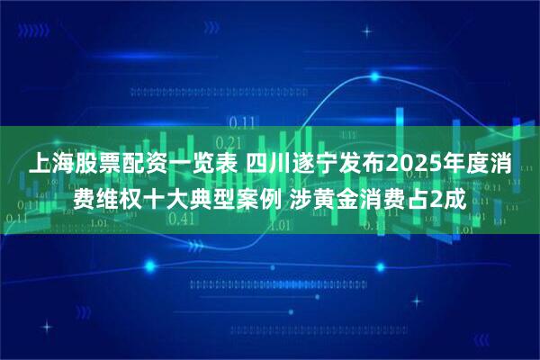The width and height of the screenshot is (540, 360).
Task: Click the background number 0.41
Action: (x=183, y=219)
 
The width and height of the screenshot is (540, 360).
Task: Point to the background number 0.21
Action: (x=230, y=142)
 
